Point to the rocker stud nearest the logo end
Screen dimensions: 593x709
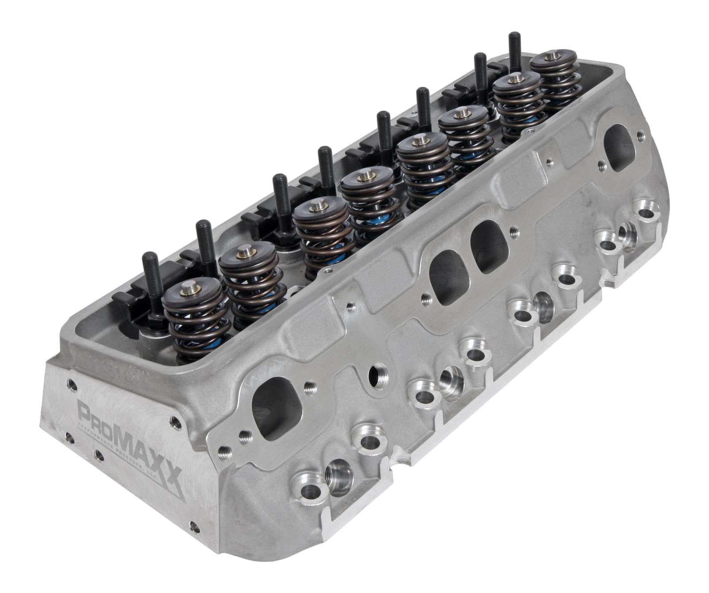[x=151, y=284]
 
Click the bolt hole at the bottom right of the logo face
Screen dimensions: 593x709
[x=194, y=526]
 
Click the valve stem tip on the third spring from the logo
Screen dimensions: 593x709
[x=317, y=206]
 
